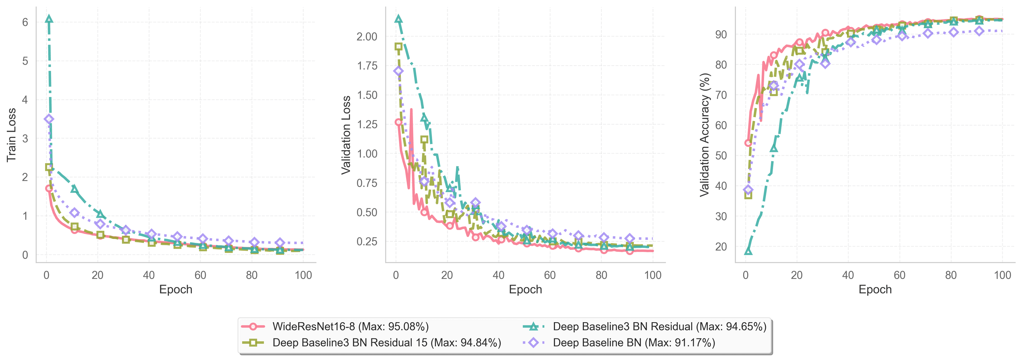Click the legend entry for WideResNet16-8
(x=350, y=327)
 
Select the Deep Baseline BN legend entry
(x=634, y=342)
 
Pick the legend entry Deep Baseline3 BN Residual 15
(x=386, y=342)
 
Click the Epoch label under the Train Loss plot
(x=176, y=289)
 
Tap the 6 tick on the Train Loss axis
(x=25, y=22)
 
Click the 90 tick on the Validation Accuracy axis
(x=721, y=35)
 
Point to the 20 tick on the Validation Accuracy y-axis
(x=721, y=247)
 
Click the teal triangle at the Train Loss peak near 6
(x=49, y=19)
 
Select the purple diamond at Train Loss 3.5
(x=49, y=119)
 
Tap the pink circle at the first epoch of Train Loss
(x=49, y=189)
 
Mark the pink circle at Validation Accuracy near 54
(x=748, y=143)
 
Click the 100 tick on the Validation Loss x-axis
(x=653, y=275)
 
